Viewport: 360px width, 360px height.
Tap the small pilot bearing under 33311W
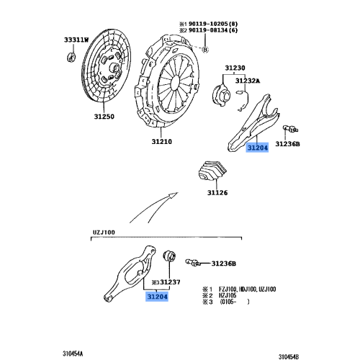(x=72, y=57)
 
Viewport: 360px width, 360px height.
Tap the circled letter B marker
(x=204, y=50)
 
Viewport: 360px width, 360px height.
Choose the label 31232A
(x=249, y=81)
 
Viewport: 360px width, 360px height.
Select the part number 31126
(x=218, y=192)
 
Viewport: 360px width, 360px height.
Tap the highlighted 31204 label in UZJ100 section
(x=158, y=296)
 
